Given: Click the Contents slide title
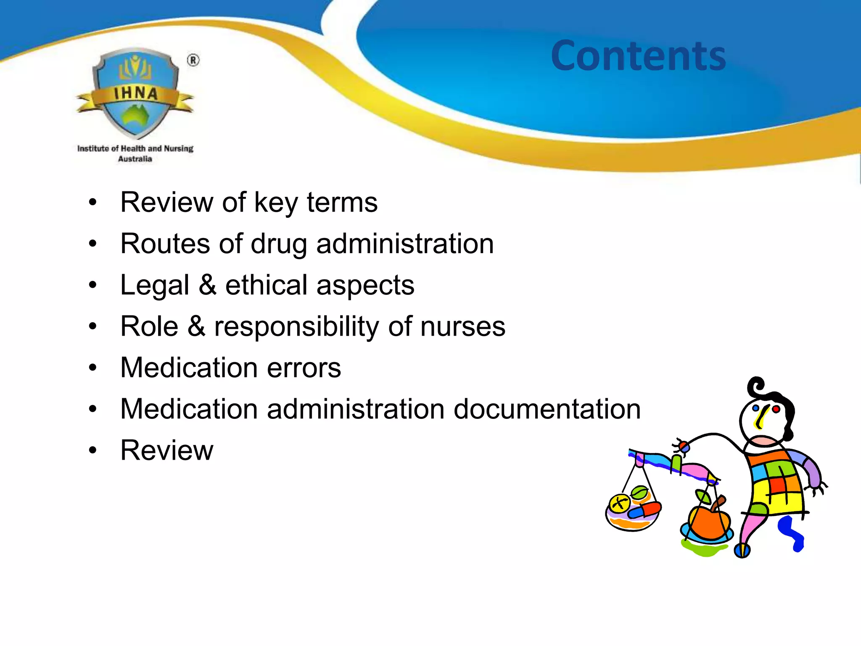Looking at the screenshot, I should point(638,56).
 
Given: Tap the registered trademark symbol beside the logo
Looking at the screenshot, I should point(193,61).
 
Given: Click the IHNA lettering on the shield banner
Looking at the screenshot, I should point(135,93).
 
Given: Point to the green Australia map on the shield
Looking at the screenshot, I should point(135,116).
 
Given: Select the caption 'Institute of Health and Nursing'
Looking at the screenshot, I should point(135,148).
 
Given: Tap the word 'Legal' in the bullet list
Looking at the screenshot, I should point(155,286).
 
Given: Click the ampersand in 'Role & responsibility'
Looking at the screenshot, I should point(196,326).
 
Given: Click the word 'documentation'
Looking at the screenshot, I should point(547,409).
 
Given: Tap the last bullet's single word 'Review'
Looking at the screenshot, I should point(166,450).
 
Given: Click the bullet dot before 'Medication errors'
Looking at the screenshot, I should point(93,368).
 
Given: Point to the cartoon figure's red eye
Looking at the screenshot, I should point(776,409).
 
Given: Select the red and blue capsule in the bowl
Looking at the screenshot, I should point(643,511).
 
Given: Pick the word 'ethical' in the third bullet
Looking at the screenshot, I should point(266,285).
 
